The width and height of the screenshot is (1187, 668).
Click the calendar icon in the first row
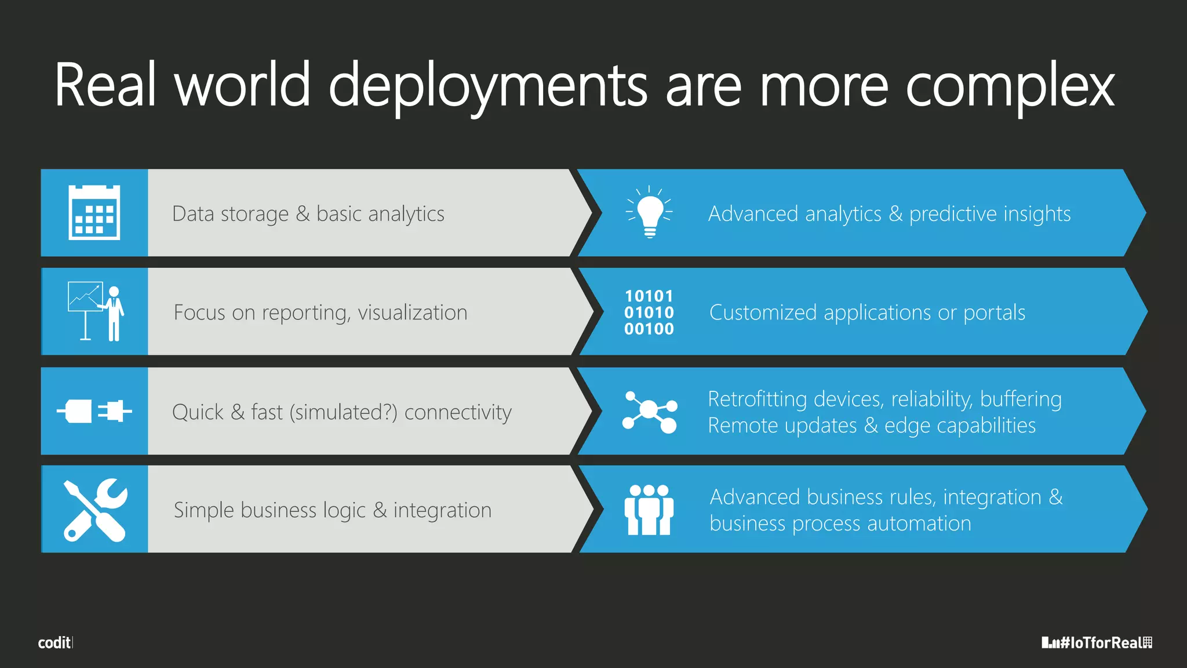point(94,213)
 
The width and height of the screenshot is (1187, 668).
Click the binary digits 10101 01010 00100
point(649,313)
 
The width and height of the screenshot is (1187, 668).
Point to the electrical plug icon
point(94,412)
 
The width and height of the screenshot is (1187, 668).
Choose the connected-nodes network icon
point(649,412)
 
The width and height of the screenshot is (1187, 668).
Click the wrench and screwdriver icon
point(95,510)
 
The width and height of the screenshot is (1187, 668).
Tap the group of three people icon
point(649,510)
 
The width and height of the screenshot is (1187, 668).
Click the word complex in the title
point(1009,86)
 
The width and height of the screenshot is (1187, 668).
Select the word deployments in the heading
point(487,86)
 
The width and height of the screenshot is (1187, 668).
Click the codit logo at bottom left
point(55,642)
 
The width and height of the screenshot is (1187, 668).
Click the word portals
point(994,313)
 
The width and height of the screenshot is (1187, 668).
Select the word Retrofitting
point(758,399)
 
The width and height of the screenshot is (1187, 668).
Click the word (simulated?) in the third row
point(343,412)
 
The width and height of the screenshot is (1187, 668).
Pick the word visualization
point(412,313)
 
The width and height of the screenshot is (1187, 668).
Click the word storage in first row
point(254,214)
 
